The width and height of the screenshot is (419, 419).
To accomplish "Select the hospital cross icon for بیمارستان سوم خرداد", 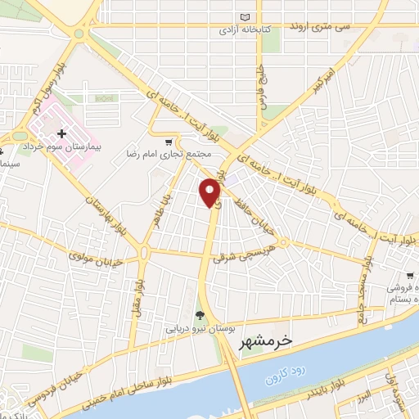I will (x=61, y=133).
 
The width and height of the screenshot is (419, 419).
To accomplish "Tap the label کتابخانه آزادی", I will (x=243, y=30).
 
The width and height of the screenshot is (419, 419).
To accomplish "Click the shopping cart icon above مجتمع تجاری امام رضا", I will (x=169, y=141).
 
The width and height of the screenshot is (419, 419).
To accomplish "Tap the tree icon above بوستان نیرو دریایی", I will (x=199, y=314).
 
